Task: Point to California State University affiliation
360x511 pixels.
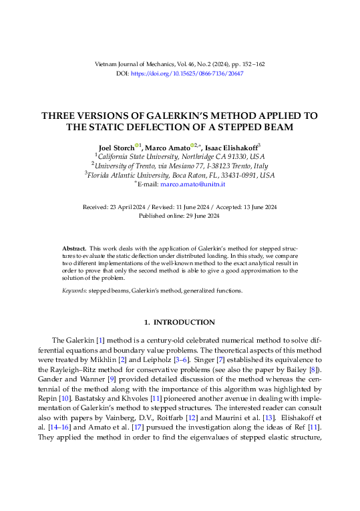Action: pyautogui.click(x=144, y=156)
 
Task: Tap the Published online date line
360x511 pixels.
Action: pyautogui.click(x=180, y=216)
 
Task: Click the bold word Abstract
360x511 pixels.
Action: pyautogui.click(x=73, y=247)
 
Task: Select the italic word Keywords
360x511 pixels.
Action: pyautogui.click(x=74, y=291)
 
